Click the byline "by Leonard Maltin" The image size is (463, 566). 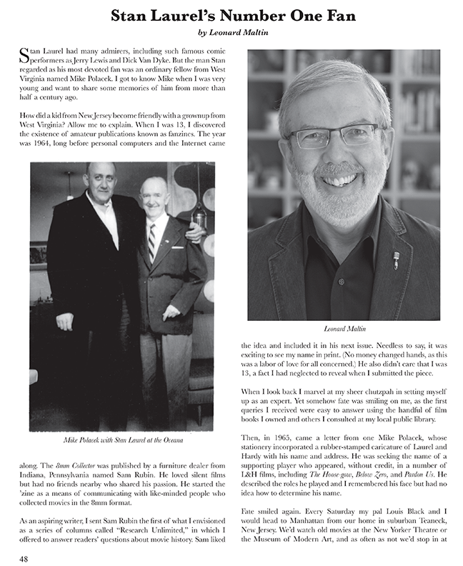pos(231,32)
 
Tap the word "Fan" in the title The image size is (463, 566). pos(332,14)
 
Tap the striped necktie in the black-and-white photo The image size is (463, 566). pos(151,242)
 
